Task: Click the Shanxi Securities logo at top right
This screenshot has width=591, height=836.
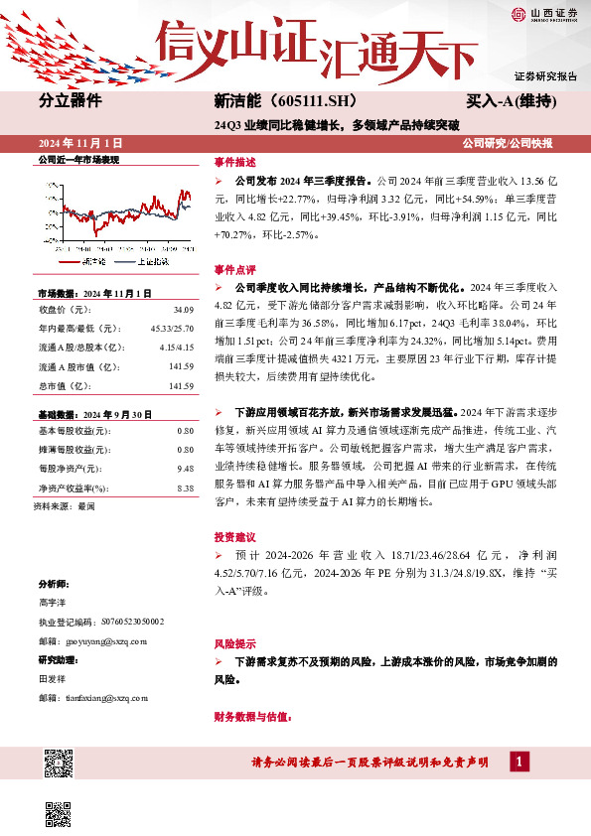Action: click(x=543, y=13)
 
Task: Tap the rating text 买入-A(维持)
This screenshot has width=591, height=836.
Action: click(x=511, y=101)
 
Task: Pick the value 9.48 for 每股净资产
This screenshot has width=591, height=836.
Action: click(x=184, y=440)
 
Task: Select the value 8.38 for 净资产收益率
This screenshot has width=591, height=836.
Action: click(x=184, y=461)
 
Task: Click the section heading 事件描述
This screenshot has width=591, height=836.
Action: click(x=234, y=161)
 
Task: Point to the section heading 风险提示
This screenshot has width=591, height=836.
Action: click(x=234, y=642)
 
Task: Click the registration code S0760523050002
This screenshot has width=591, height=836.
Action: click(x=131, y=622)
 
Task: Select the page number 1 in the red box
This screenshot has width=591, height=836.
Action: click(x=518, y=762)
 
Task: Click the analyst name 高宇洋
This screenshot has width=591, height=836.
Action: click(x=54, y=603)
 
